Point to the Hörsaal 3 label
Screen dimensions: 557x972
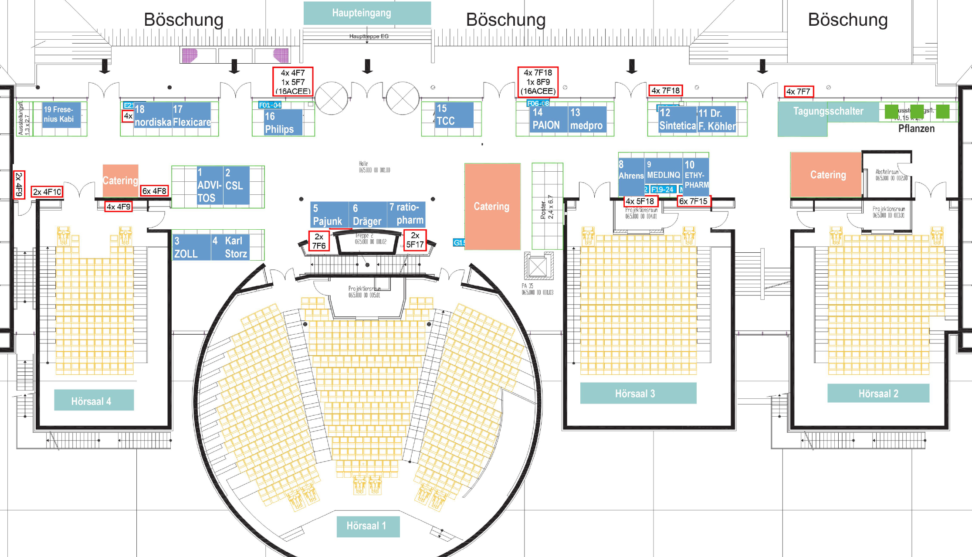pos(638,394)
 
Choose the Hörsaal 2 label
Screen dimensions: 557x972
pos(878,394)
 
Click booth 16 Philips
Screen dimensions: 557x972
pos(283,122)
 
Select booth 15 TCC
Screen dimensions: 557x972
pos(454,115)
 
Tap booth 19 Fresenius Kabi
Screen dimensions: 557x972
pos(61,115)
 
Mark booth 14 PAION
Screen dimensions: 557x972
pos(548,119)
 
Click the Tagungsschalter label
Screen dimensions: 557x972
pos(828,112)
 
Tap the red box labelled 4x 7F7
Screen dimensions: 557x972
pos(798,92)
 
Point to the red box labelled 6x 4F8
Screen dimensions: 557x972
pos(154,191)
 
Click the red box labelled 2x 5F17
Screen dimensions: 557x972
pos(415,240)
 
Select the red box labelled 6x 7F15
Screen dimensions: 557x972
pos(693,201)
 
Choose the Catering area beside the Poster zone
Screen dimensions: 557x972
pos(492,206)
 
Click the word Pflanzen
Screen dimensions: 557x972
pos(916,129)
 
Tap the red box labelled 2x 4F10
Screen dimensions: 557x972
pos(47,192)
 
